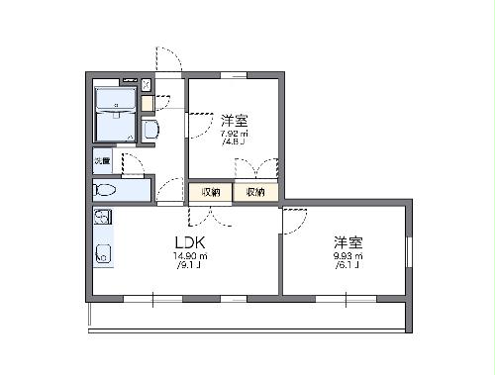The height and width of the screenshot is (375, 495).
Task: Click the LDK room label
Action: click(189, 241)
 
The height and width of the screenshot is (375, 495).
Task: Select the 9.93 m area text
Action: click(347, 256)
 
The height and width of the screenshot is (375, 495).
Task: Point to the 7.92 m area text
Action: click(234, 134)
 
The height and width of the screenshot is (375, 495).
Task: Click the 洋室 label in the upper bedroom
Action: click(234, 118)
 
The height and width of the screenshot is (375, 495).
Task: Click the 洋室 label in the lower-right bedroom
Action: click(347, 240)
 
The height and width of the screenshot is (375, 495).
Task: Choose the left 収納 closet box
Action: click(210, 192)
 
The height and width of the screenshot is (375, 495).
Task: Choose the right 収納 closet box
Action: click(255, 192)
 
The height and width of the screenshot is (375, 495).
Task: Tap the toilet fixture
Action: click(106, 190)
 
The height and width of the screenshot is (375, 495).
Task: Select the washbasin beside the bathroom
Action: click(150, 130)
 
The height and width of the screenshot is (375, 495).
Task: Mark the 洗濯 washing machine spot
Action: click(103, 160)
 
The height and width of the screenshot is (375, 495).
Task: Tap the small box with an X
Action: click(147, 85)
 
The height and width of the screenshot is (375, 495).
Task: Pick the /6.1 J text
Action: click(347, 265)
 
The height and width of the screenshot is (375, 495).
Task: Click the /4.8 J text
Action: click(234, 142)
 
